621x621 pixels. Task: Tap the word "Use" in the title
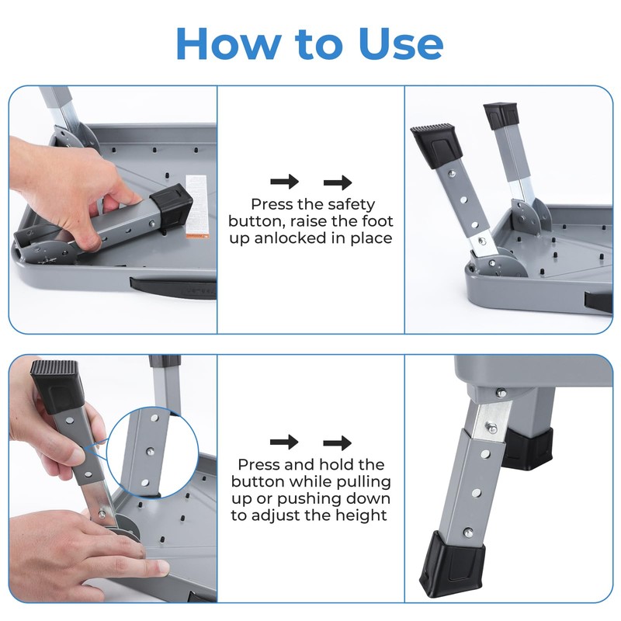[x=401, y=43]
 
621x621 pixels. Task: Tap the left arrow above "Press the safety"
[x=284, y=182]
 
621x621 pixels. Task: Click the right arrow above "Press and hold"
[x=338, y=442]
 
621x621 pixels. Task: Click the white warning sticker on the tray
[x=197, y=206]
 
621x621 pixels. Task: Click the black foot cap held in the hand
[x=57, y=386]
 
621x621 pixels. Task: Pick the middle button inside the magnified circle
[x=151, y=450]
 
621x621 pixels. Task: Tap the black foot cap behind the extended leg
[x=528, y=449]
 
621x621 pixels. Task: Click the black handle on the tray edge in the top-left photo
[x=172, y=288]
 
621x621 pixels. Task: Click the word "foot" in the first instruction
[x=376, y=221]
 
